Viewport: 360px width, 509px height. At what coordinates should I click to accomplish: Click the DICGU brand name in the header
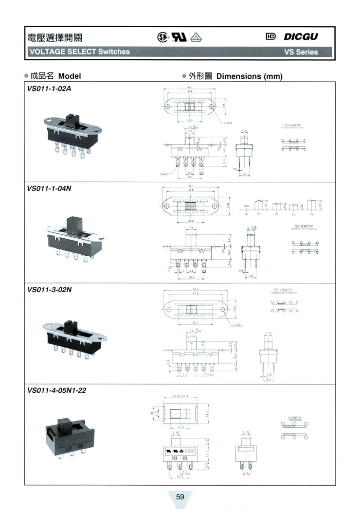(x=301, y=36)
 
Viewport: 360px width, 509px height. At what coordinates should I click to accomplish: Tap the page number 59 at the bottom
(x=180, y=497)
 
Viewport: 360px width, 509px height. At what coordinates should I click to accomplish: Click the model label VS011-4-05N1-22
(x=57, y=390)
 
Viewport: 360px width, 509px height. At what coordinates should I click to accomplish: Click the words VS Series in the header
(x=301, y=52)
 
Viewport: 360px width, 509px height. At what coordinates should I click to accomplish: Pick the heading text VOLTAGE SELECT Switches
(x=80, y=52)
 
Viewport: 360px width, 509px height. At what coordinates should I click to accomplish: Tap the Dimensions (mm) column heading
(x=249, y=76)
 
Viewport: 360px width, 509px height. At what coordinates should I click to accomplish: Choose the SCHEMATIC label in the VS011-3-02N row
(x=283, y=290)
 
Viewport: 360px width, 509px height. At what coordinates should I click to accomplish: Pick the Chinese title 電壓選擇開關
(x=50, y=37)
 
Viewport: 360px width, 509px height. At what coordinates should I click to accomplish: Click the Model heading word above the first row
(x=69, y=76)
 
